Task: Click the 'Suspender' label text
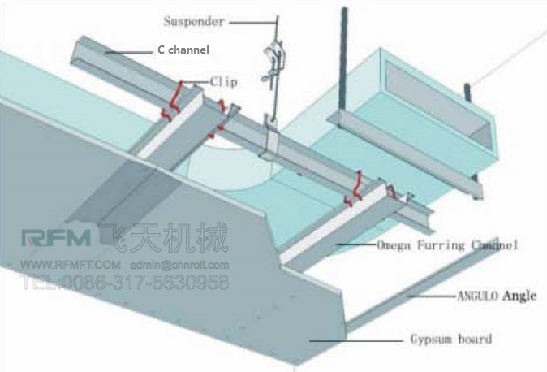193,22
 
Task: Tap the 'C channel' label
183,50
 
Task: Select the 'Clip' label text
223,81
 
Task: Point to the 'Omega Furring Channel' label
447,244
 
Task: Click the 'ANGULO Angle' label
495,296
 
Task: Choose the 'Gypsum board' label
451,339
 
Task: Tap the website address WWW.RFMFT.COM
70,265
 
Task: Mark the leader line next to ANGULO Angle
430,297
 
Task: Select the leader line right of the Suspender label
252,22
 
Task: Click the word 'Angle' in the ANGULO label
519,296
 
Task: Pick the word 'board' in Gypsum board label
475,339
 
